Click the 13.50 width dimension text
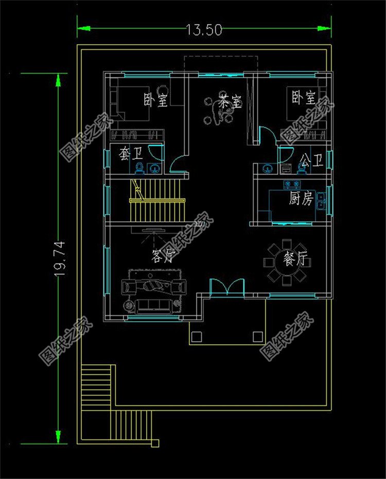204,30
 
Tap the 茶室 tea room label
230,102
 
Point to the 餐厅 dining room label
297,260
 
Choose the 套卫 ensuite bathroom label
131,154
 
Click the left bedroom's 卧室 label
156,99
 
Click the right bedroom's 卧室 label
303,97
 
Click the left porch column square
196,337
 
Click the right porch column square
258,337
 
